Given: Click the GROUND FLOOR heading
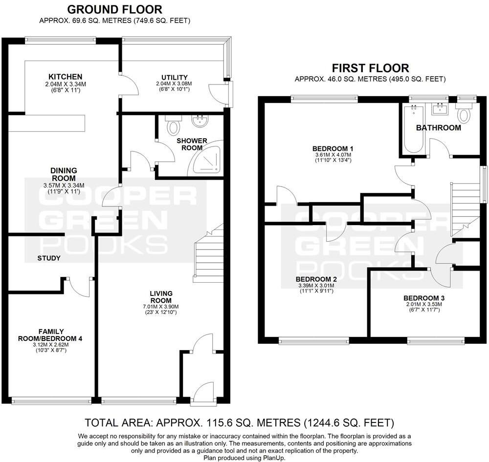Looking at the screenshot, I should pyautogui.click(x=114, y=9).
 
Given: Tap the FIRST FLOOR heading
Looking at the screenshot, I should pyautogui.click(x=370, y=68).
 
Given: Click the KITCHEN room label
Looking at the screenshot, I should pyautogui.click(x=65, y=77).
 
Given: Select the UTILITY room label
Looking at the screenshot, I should pyautogui.click(x=175, y=77).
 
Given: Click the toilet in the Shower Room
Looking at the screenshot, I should pyautogui.click(x=173, y=126).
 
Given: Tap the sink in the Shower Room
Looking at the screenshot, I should pyautogui.click(x=200, y=121).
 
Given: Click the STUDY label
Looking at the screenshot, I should pyautogui.click(x=48, y=258).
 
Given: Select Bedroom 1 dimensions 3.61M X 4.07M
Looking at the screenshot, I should pyautogui.click(x=333, y=155).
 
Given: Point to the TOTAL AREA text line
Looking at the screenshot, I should pyautogui.click(x=240, y=422).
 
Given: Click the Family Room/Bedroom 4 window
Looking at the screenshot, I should pyautogui.click(x=51, y=401).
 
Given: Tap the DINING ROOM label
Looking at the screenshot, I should pyautogui.click(x=64, y=174).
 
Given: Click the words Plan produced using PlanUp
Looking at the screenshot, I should pyautogui.click(x=244, y=458).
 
